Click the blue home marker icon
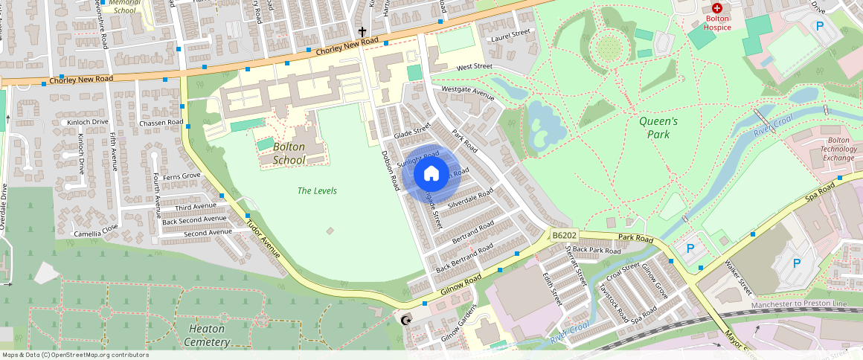(431, 174)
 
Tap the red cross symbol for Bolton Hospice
(717, 7)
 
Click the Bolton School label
(289, 153)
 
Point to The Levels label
(317, 191)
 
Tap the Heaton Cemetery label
(208, 335)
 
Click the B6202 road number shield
(565, 235)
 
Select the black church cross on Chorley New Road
(362, 32)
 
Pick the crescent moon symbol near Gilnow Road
(405, 321)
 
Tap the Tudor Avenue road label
(263, 239)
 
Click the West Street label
(475, 67)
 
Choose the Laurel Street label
(510, 33)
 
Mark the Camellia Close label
(95, 234)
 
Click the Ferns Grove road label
(182, 176)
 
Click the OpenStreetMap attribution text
(75, 355)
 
